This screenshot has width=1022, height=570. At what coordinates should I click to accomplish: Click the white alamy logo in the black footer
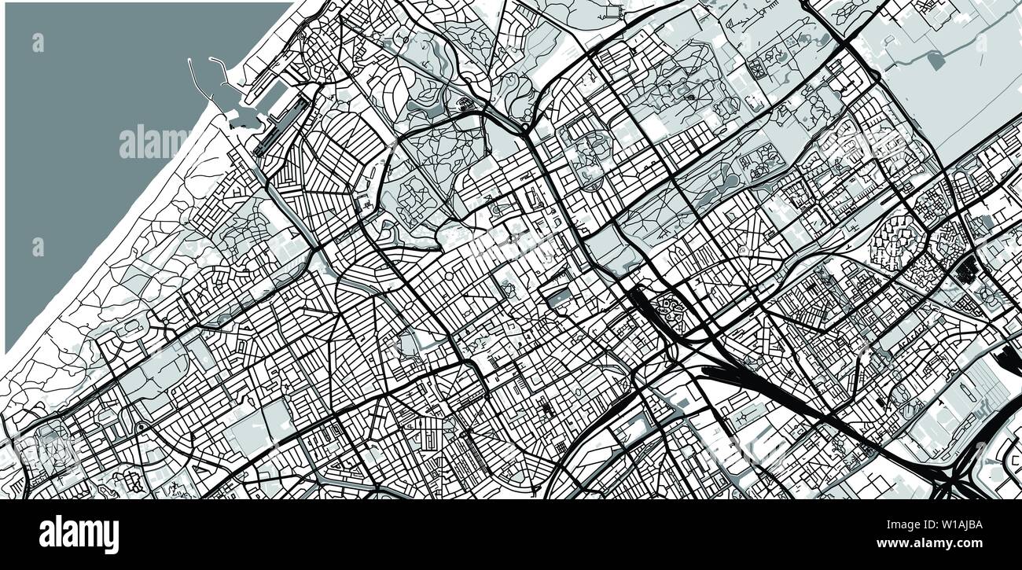(79, 535)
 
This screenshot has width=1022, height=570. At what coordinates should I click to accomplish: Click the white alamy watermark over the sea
(153, 142)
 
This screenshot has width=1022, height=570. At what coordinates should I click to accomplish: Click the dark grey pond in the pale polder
(936, 60)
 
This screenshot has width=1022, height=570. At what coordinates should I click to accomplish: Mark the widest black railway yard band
(755, 377)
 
